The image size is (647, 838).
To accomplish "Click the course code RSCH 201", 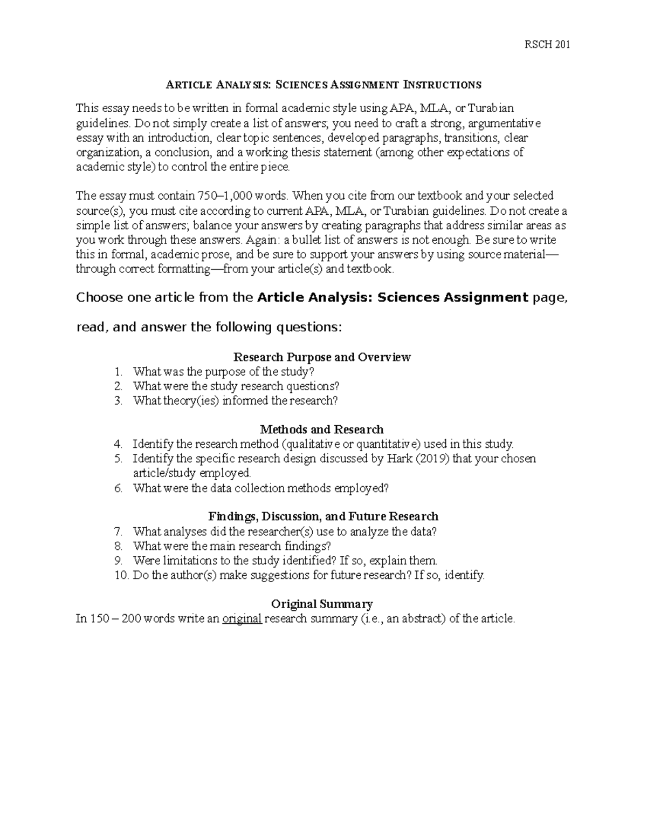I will point(547,44).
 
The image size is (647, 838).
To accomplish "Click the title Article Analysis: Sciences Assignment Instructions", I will point(323,85).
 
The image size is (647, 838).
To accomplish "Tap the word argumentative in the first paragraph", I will point(506,124).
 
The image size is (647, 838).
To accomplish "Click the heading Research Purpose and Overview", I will point(322,357).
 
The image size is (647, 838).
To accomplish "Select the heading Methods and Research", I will point(322,430).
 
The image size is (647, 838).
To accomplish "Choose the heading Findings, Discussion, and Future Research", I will point(323,517).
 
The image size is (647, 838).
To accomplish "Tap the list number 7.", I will point(119,532).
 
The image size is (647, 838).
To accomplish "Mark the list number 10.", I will point(122,575).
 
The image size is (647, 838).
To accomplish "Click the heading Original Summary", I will point(322,604).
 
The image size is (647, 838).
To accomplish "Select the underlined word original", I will point(242,619).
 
